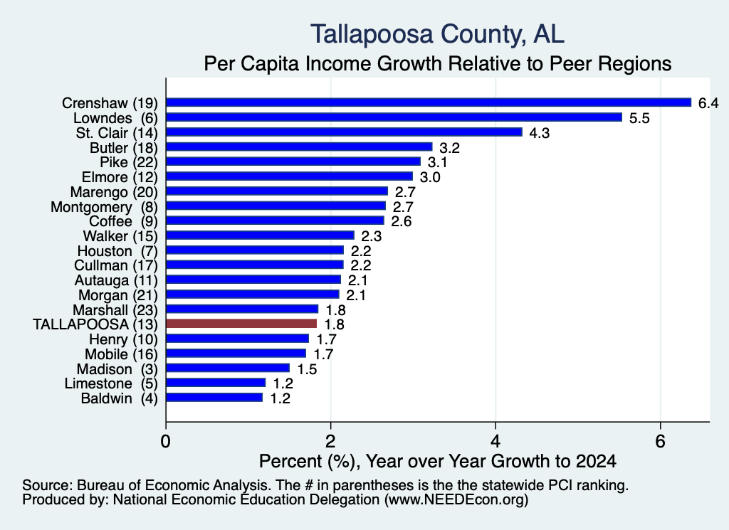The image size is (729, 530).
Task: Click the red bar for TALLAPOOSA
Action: point(241,324)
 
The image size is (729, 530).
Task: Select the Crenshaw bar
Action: point(429,102)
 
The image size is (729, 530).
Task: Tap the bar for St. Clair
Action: point(344,132)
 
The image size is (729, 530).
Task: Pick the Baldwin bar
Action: point(214,398)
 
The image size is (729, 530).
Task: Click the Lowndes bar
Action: point(394,117)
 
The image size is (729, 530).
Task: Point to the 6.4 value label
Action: point(708,103)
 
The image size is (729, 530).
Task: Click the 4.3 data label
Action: point(540,133)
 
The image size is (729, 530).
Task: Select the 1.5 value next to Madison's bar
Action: point(307,369)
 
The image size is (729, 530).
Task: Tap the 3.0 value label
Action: point(430,177)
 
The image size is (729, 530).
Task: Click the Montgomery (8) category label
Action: point(104,207)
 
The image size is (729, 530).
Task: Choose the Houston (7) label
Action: point(117,251)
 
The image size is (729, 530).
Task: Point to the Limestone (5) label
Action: point(111,383)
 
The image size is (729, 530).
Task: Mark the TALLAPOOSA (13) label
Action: point(95,324)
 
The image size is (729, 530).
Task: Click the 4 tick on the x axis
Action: point(495,441)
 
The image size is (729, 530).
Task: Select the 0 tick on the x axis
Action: point(165,441)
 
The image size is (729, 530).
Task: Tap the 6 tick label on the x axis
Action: point(661,441)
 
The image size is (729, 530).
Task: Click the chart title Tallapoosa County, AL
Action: point(438,34)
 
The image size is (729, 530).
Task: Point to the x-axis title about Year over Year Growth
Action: point(438,461)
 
